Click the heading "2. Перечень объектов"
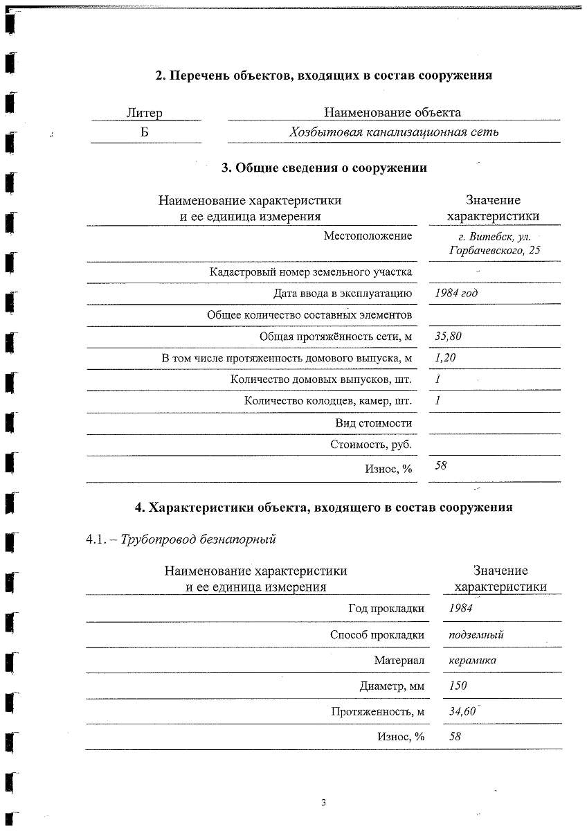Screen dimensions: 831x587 pos(323,75)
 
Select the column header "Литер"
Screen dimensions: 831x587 pos(145,113)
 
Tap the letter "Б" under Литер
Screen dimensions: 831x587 pos(145,132)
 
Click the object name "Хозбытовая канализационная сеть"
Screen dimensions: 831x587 pos(393,132)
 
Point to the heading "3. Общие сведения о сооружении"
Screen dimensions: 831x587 pos(323,168)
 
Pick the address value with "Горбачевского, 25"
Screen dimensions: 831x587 pos(494,250)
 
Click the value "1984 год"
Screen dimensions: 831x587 pos(455,293)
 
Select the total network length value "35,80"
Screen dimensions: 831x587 pos(448,337)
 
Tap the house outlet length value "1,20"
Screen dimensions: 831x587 pos(445,358)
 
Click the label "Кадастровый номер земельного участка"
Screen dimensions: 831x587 pos(311,272)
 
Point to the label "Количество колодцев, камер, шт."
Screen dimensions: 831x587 pos(328,401)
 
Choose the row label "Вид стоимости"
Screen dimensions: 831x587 pos(373,423)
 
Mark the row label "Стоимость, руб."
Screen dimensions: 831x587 pos(371,445)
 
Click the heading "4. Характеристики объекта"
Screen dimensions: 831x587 pos(323,507)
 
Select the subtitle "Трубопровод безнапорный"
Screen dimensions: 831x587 pos(198,539)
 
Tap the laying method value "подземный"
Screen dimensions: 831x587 pos(476,634)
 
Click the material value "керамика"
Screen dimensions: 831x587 pos(472,660)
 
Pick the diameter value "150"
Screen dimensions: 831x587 pos(458,686)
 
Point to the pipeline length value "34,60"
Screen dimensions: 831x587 pos(462,711)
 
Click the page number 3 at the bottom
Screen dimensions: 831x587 pos(323,803)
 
